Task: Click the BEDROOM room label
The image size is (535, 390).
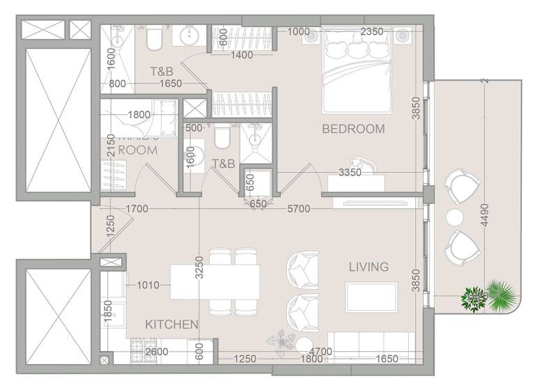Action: (x=353, y=129)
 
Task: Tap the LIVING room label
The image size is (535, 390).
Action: (x=369, y=267)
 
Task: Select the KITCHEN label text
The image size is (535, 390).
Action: (x=172, y=325)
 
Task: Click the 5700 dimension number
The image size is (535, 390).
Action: (x=299, y=208)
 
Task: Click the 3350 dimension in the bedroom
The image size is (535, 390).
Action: (x=350, y=172)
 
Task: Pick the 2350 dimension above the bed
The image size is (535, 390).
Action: (x=371, y=31)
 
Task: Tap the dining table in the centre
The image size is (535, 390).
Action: (x=215, y=281)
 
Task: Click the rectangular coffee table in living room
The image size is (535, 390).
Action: (x=371, y=292)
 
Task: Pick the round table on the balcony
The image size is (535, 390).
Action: (x=456, y=216)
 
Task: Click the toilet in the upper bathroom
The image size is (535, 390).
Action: (x=155, y=39)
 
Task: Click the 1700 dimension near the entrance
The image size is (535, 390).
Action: (x=137, y=208)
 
